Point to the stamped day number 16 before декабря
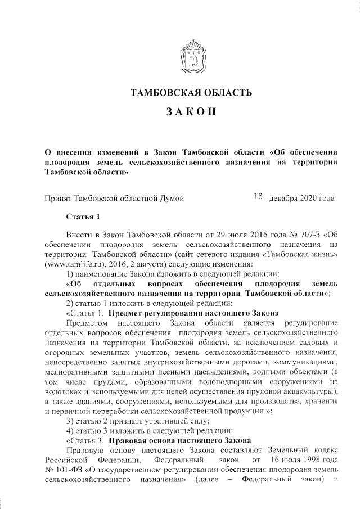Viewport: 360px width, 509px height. tap(259, 197)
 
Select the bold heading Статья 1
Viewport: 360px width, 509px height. tap(83, 217)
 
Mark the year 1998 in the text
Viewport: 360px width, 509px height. tap(304, 460)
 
